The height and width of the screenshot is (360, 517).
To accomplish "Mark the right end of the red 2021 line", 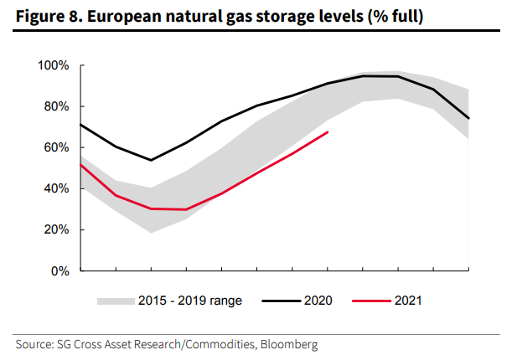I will click(x=328, y=132).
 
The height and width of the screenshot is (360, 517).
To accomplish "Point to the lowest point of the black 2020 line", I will click(x=151, y=160).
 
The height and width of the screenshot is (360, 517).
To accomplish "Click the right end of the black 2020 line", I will click(x=468, y=118).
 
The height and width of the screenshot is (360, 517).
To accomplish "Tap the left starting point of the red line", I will click(x=80, y=164).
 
